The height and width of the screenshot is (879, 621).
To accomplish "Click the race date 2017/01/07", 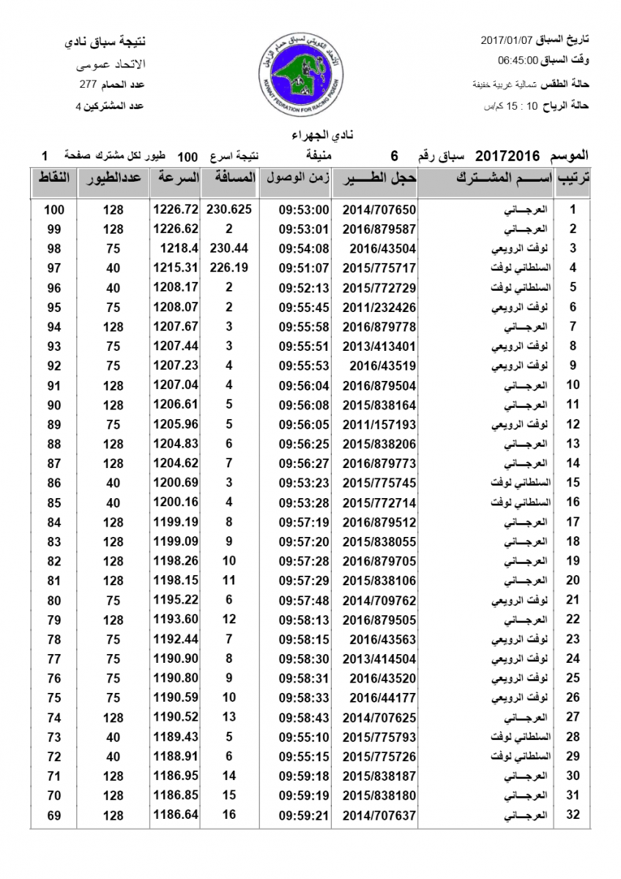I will [507, 38].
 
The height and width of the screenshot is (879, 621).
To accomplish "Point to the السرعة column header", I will [176, 179].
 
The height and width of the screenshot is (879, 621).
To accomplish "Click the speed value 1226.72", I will [176, 209].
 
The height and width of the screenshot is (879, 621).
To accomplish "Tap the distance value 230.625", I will [229, 209].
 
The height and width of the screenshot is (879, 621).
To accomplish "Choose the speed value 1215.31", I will [176, 268].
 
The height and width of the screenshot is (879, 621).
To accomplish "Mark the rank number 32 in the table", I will [573, 815].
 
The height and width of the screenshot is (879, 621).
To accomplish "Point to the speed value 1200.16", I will [176, 502].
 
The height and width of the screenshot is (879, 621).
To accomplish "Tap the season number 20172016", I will [507, 156].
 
